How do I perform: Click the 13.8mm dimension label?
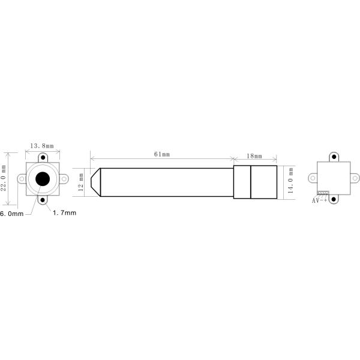click(42, 146)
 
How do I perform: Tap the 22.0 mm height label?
click(4, 178)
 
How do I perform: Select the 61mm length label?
click(162, 154)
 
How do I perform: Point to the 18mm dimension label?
click(254, 156)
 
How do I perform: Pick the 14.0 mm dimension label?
click(290, 180)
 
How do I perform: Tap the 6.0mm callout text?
click(12, 214)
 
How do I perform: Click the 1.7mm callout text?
click(65, 213)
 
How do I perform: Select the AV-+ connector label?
click(319, 200)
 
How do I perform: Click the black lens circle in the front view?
click(43, 179)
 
